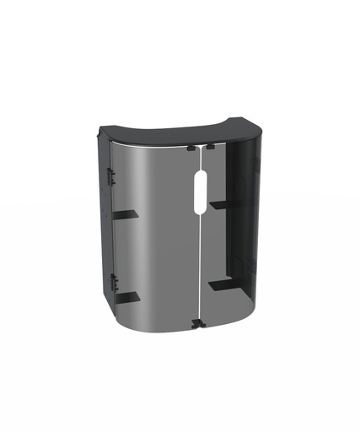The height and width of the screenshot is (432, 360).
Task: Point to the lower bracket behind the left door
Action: [x=127, y=298]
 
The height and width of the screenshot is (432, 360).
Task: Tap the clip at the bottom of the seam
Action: [x=196, y=323]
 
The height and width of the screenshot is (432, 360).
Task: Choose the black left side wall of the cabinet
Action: [x=105, y=228]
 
